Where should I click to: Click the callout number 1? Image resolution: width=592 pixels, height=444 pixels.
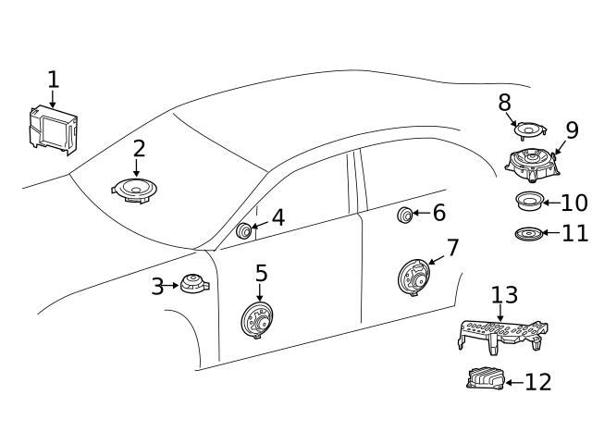coord(53,80)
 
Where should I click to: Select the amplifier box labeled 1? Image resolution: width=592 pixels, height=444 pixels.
coord(52,129)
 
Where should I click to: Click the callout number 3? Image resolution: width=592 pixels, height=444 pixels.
coord(158,287)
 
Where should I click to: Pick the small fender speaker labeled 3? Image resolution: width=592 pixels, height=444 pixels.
coord(194,285)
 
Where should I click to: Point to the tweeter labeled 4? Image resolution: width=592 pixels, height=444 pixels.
coord(245,230)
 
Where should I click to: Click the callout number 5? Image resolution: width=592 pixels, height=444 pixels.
coord(262,274)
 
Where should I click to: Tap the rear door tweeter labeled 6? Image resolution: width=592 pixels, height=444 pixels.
coord(405,216)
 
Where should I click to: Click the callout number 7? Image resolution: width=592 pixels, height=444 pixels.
coord(452,249)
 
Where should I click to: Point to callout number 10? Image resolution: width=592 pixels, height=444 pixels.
coord(573,203)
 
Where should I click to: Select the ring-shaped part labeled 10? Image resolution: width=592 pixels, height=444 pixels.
coord(528,202)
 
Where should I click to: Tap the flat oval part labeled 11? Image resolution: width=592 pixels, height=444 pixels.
coord(528,233)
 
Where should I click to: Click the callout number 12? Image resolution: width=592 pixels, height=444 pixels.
coord(537,381)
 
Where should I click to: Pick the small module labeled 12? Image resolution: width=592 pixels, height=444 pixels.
coord(485,378)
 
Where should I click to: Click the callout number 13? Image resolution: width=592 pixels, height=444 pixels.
coord(504,295)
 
